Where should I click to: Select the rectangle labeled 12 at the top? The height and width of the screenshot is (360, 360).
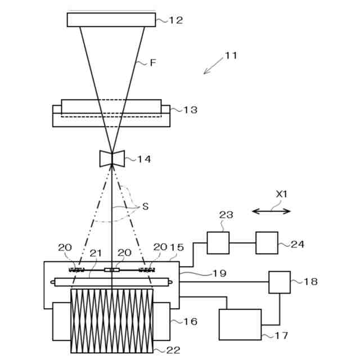[111, 19]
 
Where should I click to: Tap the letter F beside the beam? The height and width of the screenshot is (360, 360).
[152, 63]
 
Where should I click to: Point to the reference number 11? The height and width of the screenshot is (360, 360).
[231, 56]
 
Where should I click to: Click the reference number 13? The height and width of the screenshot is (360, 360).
[190, 110]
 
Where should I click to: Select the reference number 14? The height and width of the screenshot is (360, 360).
[144, 159]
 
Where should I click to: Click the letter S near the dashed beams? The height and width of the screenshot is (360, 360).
[145, 206]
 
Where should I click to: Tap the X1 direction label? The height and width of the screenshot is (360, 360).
[281, 193]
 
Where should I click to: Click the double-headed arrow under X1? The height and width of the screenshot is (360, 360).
[271, 211]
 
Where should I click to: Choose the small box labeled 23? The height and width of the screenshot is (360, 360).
[218, 242]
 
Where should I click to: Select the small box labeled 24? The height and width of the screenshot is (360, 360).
[267, 242]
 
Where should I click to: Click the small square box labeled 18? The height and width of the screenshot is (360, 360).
[280, 282]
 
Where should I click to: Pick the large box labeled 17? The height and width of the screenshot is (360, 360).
[240, 324]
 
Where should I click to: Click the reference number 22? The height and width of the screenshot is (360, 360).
[173, 350]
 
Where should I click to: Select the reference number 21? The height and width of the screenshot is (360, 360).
[96, 254]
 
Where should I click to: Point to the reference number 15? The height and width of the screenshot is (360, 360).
[177, 247]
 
